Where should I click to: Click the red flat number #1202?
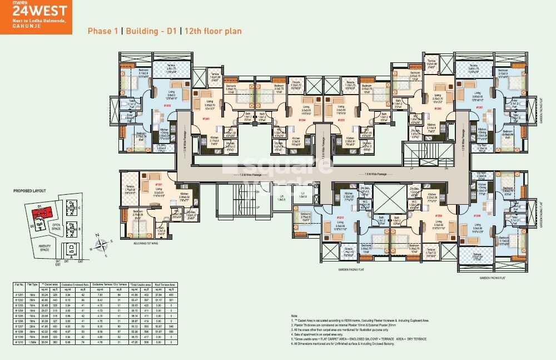[166, 105]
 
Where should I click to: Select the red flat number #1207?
[479, 107]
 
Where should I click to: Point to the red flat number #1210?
[340, 218]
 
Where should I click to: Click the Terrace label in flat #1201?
[130, 187]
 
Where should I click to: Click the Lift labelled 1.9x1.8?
[302, 195]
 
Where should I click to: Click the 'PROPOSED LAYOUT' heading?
[28, 191]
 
